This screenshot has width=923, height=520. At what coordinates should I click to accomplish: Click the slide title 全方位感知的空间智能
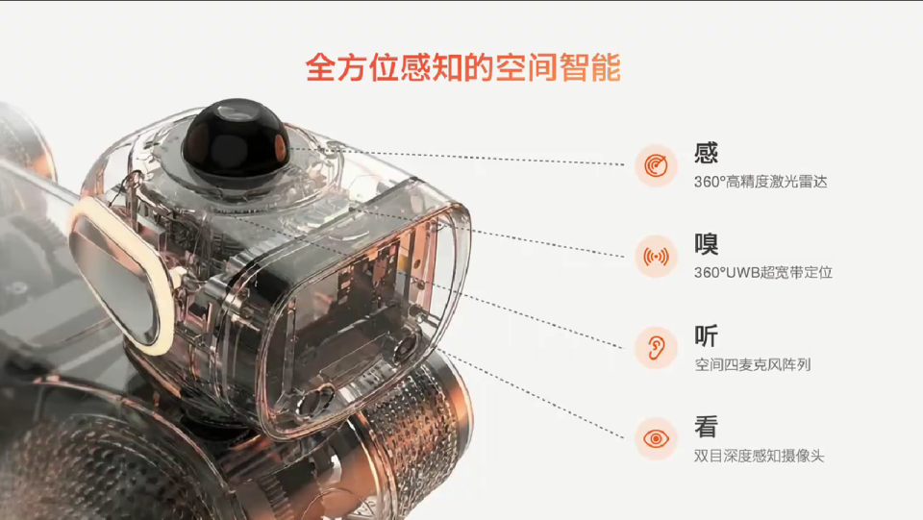pyautogui.click(x=462, y=68)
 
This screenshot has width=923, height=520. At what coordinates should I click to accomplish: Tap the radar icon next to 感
pyautogui.click(x=656, y=165)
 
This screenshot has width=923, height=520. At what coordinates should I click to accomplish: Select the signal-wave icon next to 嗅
pyautogui.click(x=656, y=257)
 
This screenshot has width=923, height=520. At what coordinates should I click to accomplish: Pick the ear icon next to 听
pyautogui.click(x=656, y=348)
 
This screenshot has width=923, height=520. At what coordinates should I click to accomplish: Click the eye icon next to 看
pyautogui.click(x=656, y=439)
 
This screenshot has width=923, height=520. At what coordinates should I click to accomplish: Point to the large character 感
pyautogui.click(x=707, y=153)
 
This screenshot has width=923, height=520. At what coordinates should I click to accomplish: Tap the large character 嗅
pyautogui.click(x=707, y=244)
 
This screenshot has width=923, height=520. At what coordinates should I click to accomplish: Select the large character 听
pyautogui.click(x=707, y=335)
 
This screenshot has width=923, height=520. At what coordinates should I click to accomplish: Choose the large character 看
pyautogui.click(x=707, y=427)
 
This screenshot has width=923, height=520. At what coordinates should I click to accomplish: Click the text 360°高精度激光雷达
pyautogui.click(x=761, y=182)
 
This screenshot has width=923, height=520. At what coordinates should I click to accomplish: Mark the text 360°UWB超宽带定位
pyautogui.click(x=763, y=273)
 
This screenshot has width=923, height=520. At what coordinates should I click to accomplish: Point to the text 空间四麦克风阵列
pyautogui.click(x=753, y=365)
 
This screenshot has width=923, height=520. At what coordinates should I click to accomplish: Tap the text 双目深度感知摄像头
pyautogui.click(x=760, y=456)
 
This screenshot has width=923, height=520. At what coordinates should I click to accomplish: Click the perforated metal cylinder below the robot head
pyautogui.click(x=413, y=423)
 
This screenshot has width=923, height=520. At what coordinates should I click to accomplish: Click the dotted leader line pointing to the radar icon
pyautogui.click(x=481, y=158)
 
